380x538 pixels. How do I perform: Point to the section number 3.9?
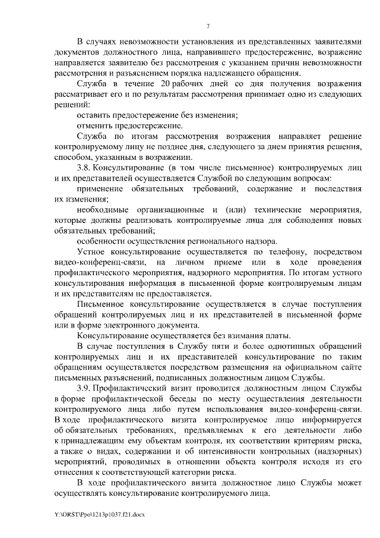pyautogui.click(x=84, y=388)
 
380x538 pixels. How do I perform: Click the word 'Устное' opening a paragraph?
pyautogui.click(x=91, y=251)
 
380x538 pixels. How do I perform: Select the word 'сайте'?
pyautogui.click(x=347, y=366)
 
